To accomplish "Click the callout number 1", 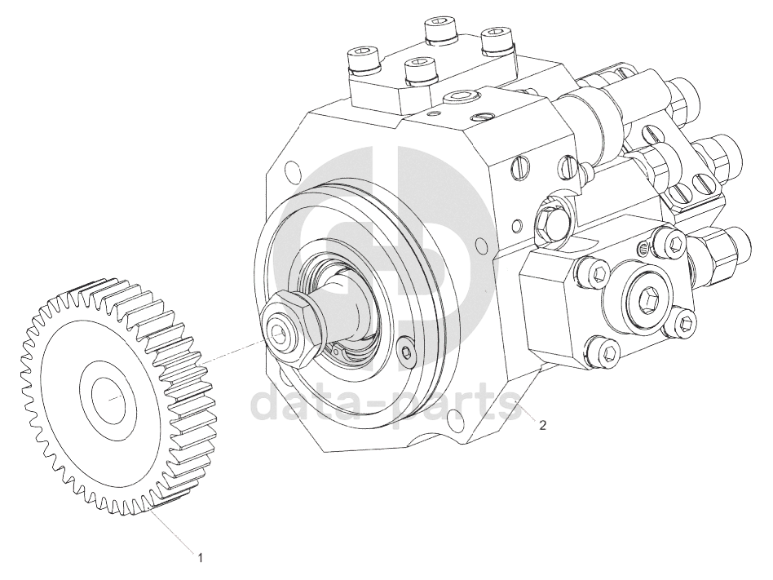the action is pos(200,558).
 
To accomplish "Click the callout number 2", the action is pos(542,425).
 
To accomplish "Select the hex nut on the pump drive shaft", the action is pos(289,328).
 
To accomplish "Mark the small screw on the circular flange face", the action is pos(405,351).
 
